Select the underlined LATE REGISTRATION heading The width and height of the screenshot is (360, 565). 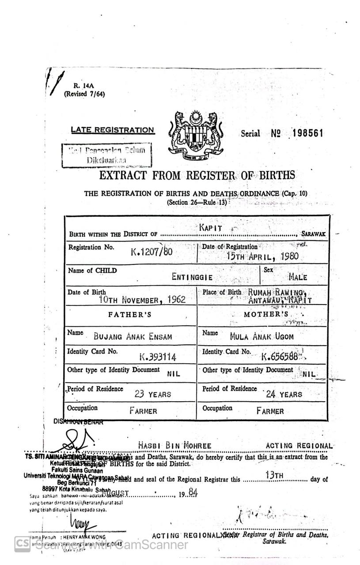point(113,130)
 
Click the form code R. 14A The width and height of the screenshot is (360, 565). point(81,87)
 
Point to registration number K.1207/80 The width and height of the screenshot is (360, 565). point(151,252)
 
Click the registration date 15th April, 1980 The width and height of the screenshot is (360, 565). point(262,256)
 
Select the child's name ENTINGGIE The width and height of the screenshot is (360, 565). point(192,277)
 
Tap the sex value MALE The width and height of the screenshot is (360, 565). point(297,277)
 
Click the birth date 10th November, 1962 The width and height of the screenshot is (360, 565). point(142,300)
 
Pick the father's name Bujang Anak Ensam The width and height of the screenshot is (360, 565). point(133,336)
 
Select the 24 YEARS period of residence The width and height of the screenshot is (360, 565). point(284,394)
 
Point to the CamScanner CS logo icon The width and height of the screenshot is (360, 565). point(22,544)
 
